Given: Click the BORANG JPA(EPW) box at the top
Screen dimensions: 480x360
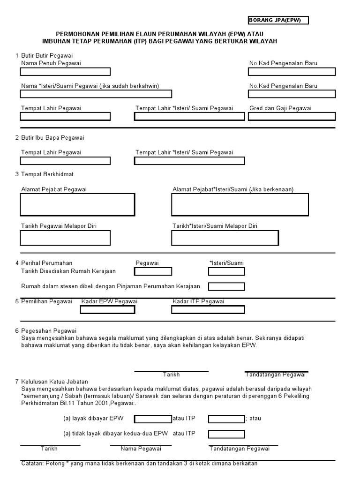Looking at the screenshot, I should click(x=278, y=20).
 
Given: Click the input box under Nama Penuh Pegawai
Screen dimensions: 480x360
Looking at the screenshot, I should click(x=65, y=72).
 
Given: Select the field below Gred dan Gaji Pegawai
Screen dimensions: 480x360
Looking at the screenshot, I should click(x=292, y=116).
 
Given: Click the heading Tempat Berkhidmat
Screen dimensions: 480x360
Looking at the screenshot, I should click(x=47, y=174).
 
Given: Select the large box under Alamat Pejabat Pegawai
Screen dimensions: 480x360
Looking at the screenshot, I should click(x=77, y=205).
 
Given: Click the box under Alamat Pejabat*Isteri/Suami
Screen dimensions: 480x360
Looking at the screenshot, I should click(x=240, y=205).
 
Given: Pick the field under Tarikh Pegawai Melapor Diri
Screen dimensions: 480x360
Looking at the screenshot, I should click(x=65, y=238).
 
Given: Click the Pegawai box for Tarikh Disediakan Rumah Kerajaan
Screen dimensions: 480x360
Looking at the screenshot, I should click(x=153, y=271).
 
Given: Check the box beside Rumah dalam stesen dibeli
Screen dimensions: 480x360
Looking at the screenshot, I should click(x=226, y=286).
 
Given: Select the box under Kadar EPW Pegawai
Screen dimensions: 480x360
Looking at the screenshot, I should click(x=107, y=309).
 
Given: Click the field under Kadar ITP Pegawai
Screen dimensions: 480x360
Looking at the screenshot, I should click(x=208, y=309).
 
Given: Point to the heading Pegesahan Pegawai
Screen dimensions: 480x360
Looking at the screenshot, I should click(x=49, y=330).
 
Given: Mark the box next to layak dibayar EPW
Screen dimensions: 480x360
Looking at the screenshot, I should click(x=153, y=419).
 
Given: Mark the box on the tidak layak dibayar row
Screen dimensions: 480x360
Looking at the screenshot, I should click(x=226, y=434).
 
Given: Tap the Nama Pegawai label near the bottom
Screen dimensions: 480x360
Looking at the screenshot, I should click(x=141, y=449).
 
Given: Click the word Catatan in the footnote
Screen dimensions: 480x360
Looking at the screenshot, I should click(x=32, y=464).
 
